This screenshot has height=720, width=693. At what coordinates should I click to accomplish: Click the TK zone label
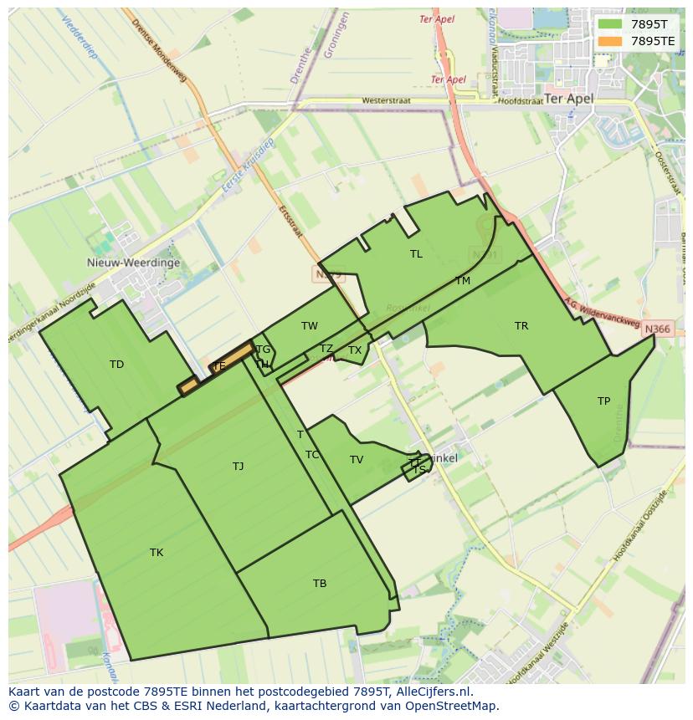(157, 553)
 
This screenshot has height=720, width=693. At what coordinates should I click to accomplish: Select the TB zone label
(320, 584)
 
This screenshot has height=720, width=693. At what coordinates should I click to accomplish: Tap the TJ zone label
(239, 467)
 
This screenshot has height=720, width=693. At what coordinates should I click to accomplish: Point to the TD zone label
(116, 365)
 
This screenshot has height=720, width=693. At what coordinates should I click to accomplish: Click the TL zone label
(416, 254)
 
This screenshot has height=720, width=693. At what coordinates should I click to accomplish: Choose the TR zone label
(521, 326)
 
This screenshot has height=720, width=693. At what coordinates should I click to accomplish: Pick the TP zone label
(603, 401)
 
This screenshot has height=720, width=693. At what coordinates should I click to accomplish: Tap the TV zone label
(357, 460)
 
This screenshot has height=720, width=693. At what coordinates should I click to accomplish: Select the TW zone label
(310, 326)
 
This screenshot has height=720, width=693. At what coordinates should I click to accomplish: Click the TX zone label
(355, 350)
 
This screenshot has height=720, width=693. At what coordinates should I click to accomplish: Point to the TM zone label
(463, 281)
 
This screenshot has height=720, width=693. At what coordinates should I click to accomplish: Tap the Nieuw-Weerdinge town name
(133, 263)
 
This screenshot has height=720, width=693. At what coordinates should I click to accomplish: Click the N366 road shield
(657, 329)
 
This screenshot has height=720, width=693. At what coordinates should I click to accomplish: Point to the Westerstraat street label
(386, 101)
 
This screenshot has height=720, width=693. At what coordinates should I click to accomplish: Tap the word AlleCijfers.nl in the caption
(434, 692)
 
